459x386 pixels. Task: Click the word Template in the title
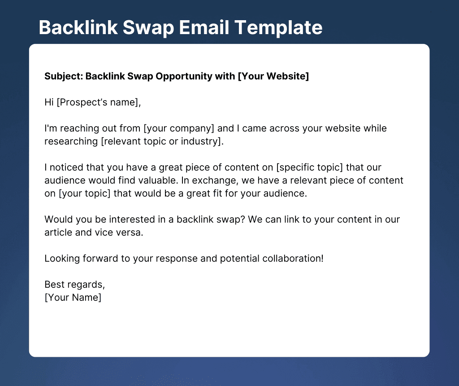tap(278, 28)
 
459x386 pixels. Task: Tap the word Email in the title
tap(204, 27)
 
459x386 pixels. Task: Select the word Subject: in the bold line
tap(64, 76)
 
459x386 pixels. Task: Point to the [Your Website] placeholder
tap(273, 76)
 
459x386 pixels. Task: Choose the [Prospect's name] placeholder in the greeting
tap(99, 102)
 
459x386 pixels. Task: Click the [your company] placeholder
tap(179, 128)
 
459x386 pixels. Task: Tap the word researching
tap(71, 141)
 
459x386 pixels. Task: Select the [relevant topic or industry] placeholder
tap(162, 141)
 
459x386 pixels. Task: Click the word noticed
tap(66, 167)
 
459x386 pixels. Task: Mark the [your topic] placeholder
tap(85, 193)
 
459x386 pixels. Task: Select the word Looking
tap(62, 259)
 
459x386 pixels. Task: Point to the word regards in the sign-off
tap(90, 285)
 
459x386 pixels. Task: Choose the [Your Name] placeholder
tap(73, 298)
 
